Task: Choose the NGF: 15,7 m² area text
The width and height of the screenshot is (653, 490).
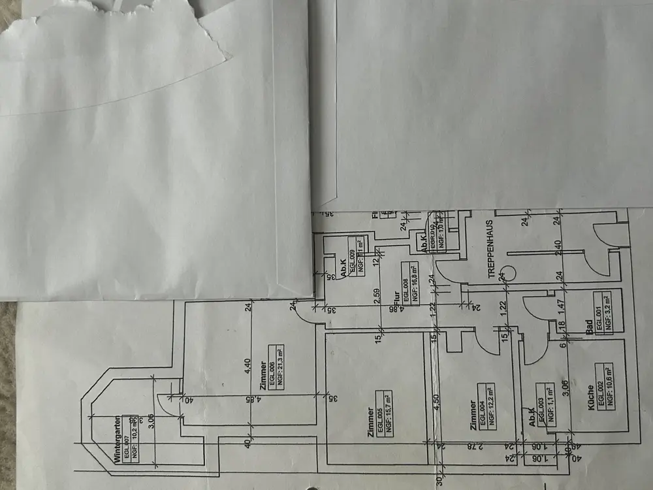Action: point(387,410)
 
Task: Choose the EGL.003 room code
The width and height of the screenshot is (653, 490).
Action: point(541,403)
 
